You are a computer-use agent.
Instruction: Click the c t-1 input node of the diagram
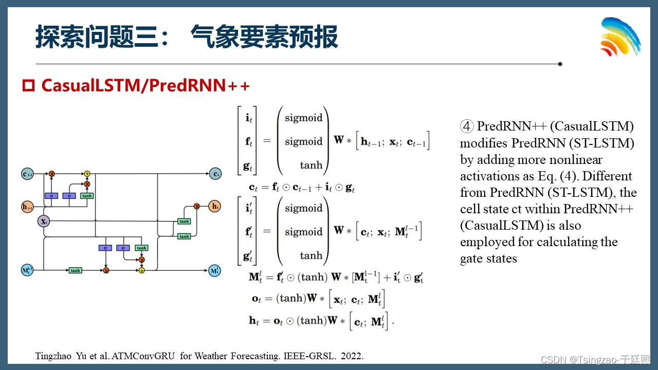coord(27,174)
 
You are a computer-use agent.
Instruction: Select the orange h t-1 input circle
coord(27,207)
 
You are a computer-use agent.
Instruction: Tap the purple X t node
coord(44,221)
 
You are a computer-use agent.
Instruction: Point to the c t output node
coord(215,174)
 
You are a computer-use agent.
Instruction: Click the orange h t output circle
coord(215,207)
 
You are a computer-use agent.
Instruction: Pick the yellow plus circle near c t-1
coord(87,174)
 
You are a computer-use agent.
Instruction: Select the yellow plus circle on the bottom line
coord(142,270)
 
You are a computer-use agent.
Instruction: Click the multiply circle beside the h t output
coord(196,207)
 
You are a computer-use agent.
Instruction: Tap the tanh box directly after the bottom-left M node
coord(75,270)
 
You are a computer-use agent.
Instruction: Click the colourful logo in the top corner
coord(620,37)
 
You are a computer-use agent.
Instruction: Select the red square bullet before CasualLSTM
coord(28,85)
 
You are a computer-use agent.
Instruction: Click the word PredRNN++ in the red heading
coord(199,85)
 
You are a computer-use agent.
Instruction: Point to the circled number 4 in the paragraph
coord(467,126)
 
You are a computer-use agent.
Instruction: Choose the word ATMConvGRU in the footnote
coord(147,356)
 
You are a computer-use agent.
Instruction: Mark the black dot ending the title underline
coord(560,64)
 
